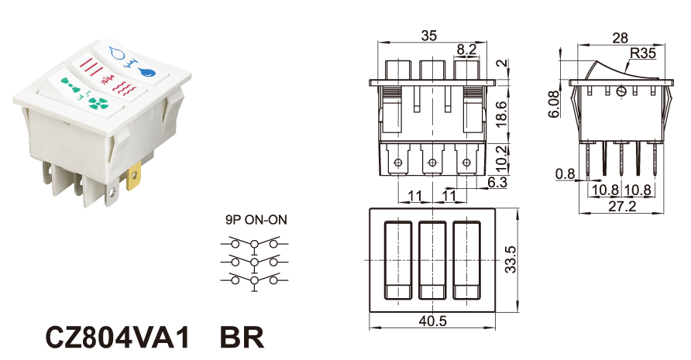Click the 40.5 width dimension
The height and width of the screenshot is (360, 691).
click(x=433, y=321)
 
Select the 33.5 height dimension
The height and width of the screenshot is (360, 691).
click(x=511, y=259)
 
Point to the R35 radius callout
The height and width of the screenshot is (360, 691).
click(x=643, y=53)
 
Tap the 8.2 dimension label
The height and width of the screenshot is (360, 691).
click(x=466, y=50)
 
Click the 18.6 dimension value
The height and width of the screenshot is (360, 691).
click(x=502, y=114)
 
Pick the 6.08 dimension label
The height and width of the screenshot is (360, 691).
click(x=554, y=104)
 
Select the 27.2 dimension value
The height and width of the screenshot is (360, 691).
click(x=622, y=206)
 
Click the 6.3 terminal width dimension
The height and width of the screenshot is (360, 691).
click(x=497, y=182)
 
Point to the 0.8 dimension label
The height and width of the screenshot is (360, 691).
click(x=566, y=174)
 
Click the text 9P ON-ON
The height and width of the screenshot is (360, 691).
click(x=256, y=219)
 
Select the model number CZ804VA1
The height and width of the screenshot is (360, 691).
click(x=118, y=338)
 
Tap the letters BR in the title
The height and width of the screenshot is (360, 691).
click(x=242, y=338)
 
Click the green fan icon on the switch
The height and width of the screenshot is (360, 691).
click(x=98, y=104)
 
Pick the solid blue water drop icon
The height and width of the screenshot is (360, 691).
click(x=146, y=72)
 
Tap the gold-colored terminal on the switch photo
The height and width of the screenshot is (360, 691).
click(x=133, y=176)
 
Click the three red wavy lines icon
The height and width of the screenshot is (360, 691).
click(x=126, y=87)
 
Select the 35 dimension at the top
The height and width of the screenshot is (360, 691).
click(x=429, y=36)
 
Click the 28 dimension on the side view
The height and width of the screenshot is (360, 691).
click(x=620, y=38)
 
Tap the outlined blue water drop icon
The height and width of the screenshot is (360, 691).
click(x=117, y=53)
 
